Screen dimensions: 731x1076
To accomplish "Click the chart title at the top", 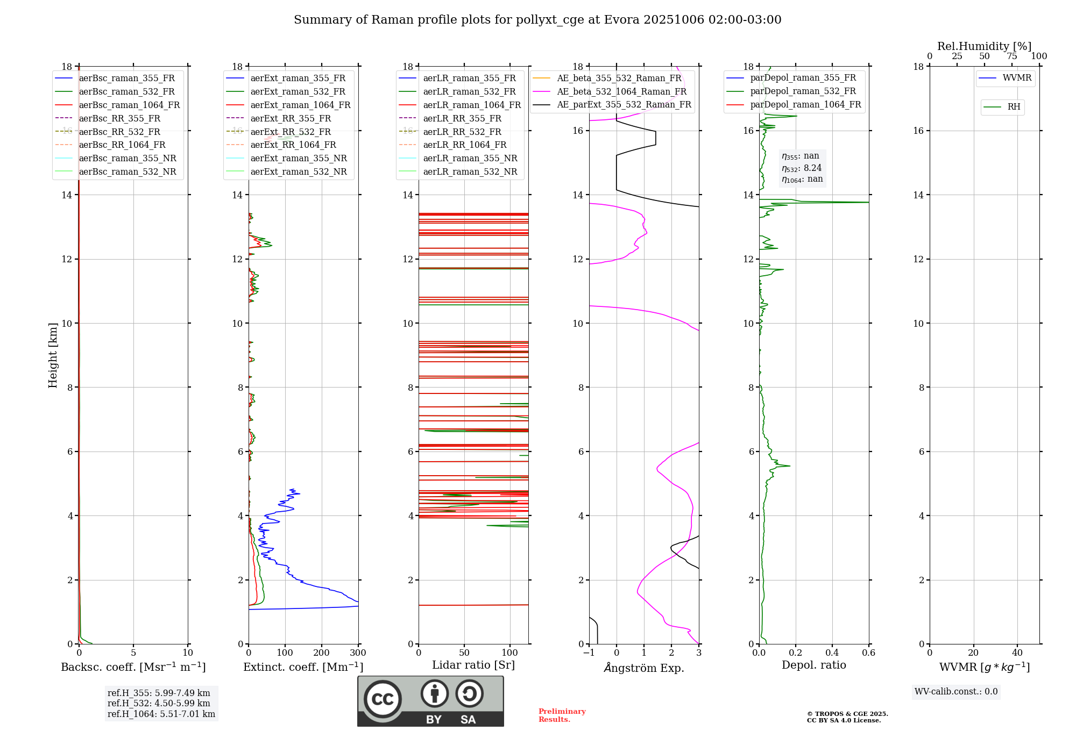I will click(537, 20).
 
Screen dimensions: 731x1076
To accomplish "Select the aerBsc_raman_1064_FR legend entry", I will click(129, 105).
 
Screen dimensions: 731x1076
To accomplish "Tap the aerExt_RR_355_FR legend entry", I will click(291, 118).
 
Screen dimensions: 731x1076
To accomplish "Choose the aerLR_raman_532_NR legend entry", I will click(470, 171).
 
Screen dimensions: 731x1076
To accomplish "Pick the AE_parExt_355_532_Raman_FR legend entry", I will click(624, 104).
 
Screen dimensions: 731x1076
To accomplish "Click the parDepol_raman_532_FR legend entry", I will click(803, 91).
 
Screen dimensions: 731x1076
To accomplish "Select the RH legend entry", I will click(1014, 107).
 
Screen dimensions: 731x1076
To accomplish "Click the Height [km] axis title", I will click(53, 355).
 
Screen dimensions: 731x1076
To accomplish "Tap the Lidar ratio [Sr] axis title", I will click(473, 665).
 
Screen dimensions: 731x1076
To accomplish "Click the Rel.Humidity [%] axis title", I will click(984, 46).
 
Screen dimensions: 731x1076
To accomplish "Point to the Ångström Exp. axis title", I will click(644, 668).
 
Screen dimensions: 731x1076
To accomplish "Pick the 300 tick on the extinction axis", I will click(358, 653).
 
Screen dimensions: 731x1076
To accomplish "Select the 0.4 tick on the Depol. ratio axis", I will click(832, 653).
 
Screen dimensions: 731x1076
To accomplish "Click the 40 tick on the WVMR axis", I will click(1017, 653).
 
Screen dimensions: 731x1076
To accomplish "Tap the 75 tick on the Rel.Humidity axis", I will click(1011, 56).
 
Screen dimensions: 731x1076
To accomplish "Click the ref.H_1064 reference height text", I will click(161, 714).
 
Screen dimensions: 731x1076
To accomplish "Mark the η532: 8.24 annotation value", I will click(802, 168).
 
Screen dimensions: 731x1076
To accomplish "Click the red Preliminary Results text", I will click(562, 715).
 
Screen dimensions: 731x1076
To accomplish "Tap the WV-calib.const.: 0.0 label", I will click(956, 692).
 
